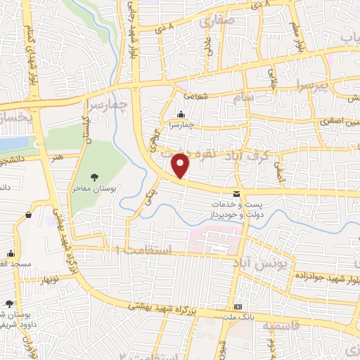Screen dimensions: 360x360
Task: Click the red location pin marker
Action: (181, 165)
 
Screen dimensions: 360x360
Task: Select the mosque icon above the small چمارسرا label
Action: (182, 115)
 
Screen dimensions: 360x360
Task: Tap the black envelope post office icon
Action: (236, 194)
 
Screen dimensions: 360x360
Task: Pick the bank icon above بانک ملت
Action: (238, 307)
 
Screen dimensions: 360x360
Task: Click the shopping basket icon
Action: (27, 214)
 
